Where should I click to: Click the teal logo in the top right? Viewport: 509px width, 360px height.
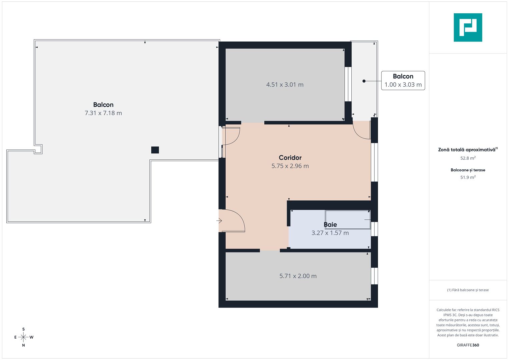click(x=468, y=27)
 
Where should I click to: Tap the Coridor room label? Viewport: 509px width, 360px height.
click(x=290, y=158)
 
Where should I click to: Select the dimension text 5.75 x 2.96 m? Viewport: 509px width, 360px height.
click(x=290, y=166)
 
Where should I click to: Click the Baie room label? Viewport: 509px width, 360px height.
click(x=330, y=225)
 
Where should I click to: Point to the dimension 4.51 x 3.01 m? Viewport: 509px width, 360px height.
click(x=285, y=85)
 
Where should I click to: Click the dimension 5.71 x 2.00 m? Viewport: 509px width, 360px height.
click(x=298, y=276)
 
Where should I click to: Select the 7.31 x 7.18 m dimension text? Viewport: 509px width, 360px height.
click(x=103, y=113)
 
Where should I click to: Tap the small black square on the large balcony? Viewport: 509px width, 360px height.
click(x=155, y=150)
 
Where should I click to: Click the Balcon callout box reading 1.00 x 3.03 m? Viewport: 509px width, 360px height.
click(x=403, y=81)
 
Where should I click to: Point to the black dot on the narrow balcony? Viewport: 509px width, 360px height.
click(x=364, y=81)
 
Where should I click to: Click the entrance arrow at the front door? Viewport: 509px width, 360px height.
click(x=219, y=221)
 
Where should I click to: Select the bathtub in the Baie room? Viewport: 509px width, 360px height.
click(x=348, y=220)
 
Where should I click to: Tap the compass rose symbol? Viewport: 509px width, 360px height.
click(x=23, y=337)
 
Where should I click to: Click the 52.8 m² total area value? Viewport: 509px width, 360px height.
click(x=468, y=158)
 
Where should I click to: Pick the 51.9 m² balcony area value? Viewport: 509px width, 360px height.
click(x=468, y=177)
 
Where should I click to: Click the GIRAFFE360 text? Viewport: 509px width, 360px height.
click(x=468, y=345)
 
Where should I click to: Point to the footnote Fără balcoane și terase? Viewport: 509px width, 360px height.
click(x=468, y=290)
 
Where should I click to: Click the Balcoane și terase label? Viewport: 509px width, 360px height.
click(x=468, y=170)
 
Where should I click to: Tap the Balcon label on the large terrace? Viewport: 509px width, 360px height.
click(x=103, y=105)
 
